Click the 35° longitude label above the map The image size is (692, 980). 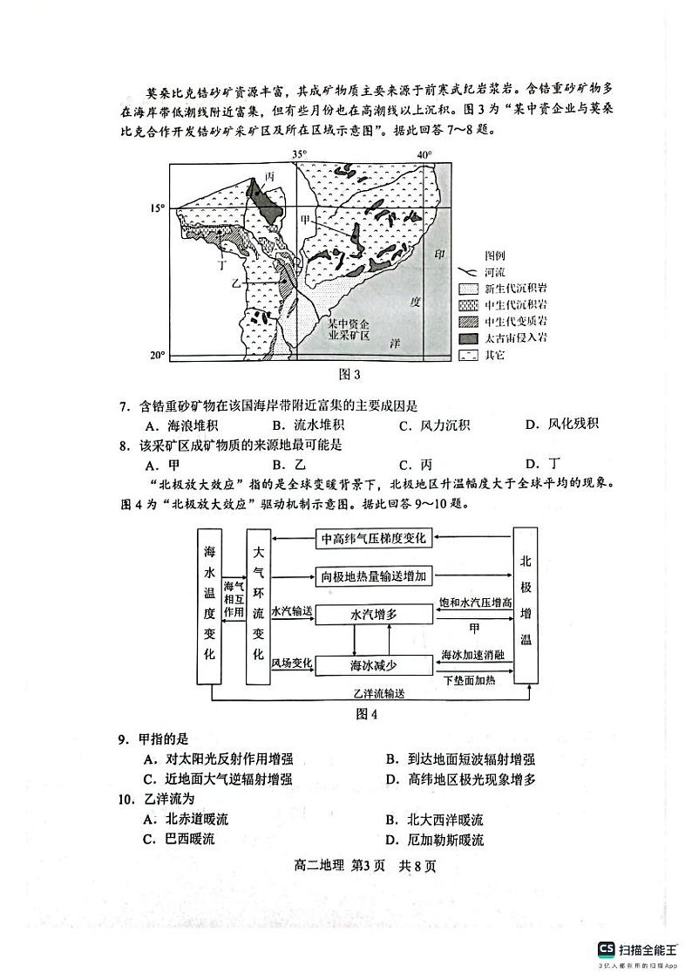(299, 154)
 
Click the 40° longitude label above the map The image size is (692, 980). (424, 154)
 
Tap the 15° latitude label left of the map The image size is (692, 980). (157, 208)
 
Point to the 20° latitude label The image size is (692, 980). (157, 355)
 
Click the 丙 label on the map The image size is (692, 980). (246, 176)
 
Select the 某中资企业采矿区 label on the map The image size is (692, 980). (349, 330)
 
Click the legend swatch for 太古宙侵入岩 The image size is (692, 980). (469, 337)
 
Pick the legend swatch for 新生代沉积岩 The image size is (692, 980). (469, 289)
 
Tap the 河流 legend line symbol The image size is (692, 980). (469, 272)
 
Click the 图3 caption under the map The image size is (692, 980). (348, 375)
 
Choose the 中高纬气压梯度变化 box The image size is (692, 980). (373, 538)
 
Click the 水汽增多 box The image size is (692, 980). (373, 614)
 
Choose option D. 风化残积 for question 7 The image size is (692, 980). (561, 425)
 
